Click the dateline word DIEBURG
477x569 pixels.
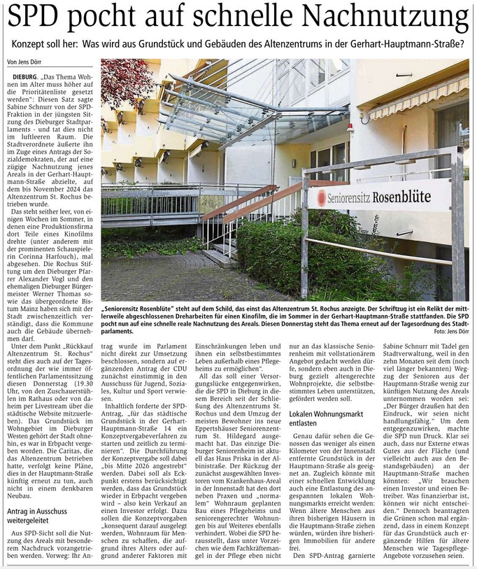coord(26,73)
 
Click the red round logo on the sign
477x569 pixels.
coord(322,197)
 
